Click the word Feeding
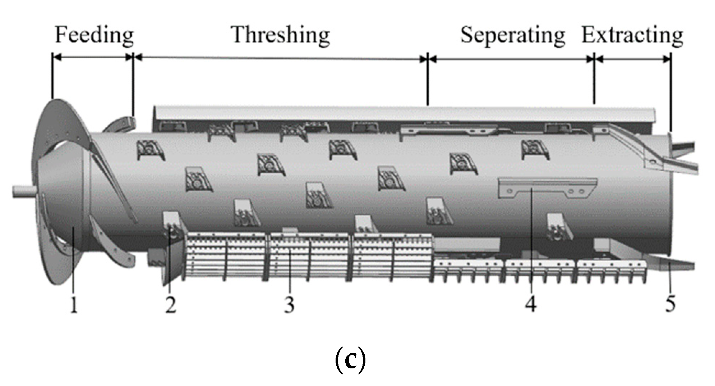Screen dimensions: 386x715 [94, 35]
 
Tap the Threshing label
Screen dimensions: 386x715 [281, 35]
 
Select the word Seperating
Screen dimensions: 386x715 [513, 35]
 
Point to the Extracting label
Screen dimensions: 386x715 [632, 35]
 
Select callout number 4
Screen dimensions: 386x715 [531, 304]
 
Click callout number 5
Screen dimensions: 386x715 [670, 304]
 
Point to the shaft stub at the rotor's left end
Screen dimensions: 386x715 [23, 191]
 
